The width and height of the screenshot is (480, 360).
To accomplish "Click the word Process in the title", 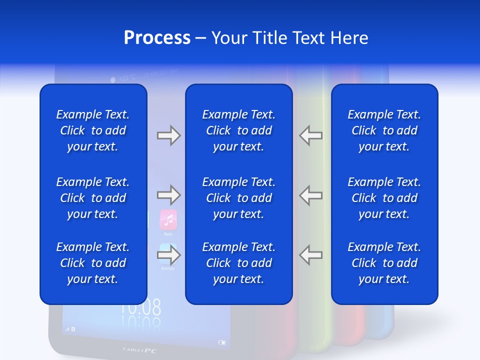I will coord(157,38).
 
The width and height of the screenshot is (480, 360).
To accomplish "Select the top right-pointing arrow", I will coord(168,135).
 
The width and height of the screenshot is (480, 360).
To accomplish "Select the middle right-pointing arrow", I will coord(168,194).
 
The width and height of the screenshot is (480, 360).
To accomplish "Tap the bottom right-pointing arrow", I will coord(168,255).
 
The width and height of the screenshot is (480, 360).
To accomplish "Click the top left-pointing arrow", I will coord(310,135).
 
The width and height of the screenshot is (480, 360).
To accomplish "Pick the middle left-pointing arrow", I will coord(310,194).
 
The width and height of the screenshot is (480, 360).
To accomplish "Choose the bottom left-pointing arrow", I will coord(310,255).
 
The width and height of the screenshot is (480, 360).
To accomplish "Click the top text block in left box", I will coord(92,130).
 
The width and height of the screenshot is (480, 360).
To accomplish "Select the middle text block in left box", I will coord(92,198).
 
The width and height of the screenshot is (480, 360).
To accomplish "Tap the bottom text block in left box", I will coord(92,263).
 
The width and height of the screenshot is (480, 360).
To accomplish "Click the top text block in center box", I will coord(238,130).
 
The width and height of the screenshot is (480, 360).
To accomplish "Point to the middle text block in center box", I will coord(238,198).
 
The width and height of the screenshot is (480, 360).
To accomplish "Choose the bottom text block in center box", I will coord(238,263).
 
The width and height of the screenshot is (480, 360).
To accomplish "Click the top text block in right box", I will coord(384,130).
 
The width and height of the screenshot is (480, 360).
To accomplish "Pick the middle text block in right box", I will coord(384,198).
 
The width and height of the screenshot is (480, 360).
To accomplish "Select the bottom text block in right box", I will coord(384,263).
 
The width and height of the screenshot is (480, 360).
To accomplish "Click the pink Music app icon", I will coord(168,219).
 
